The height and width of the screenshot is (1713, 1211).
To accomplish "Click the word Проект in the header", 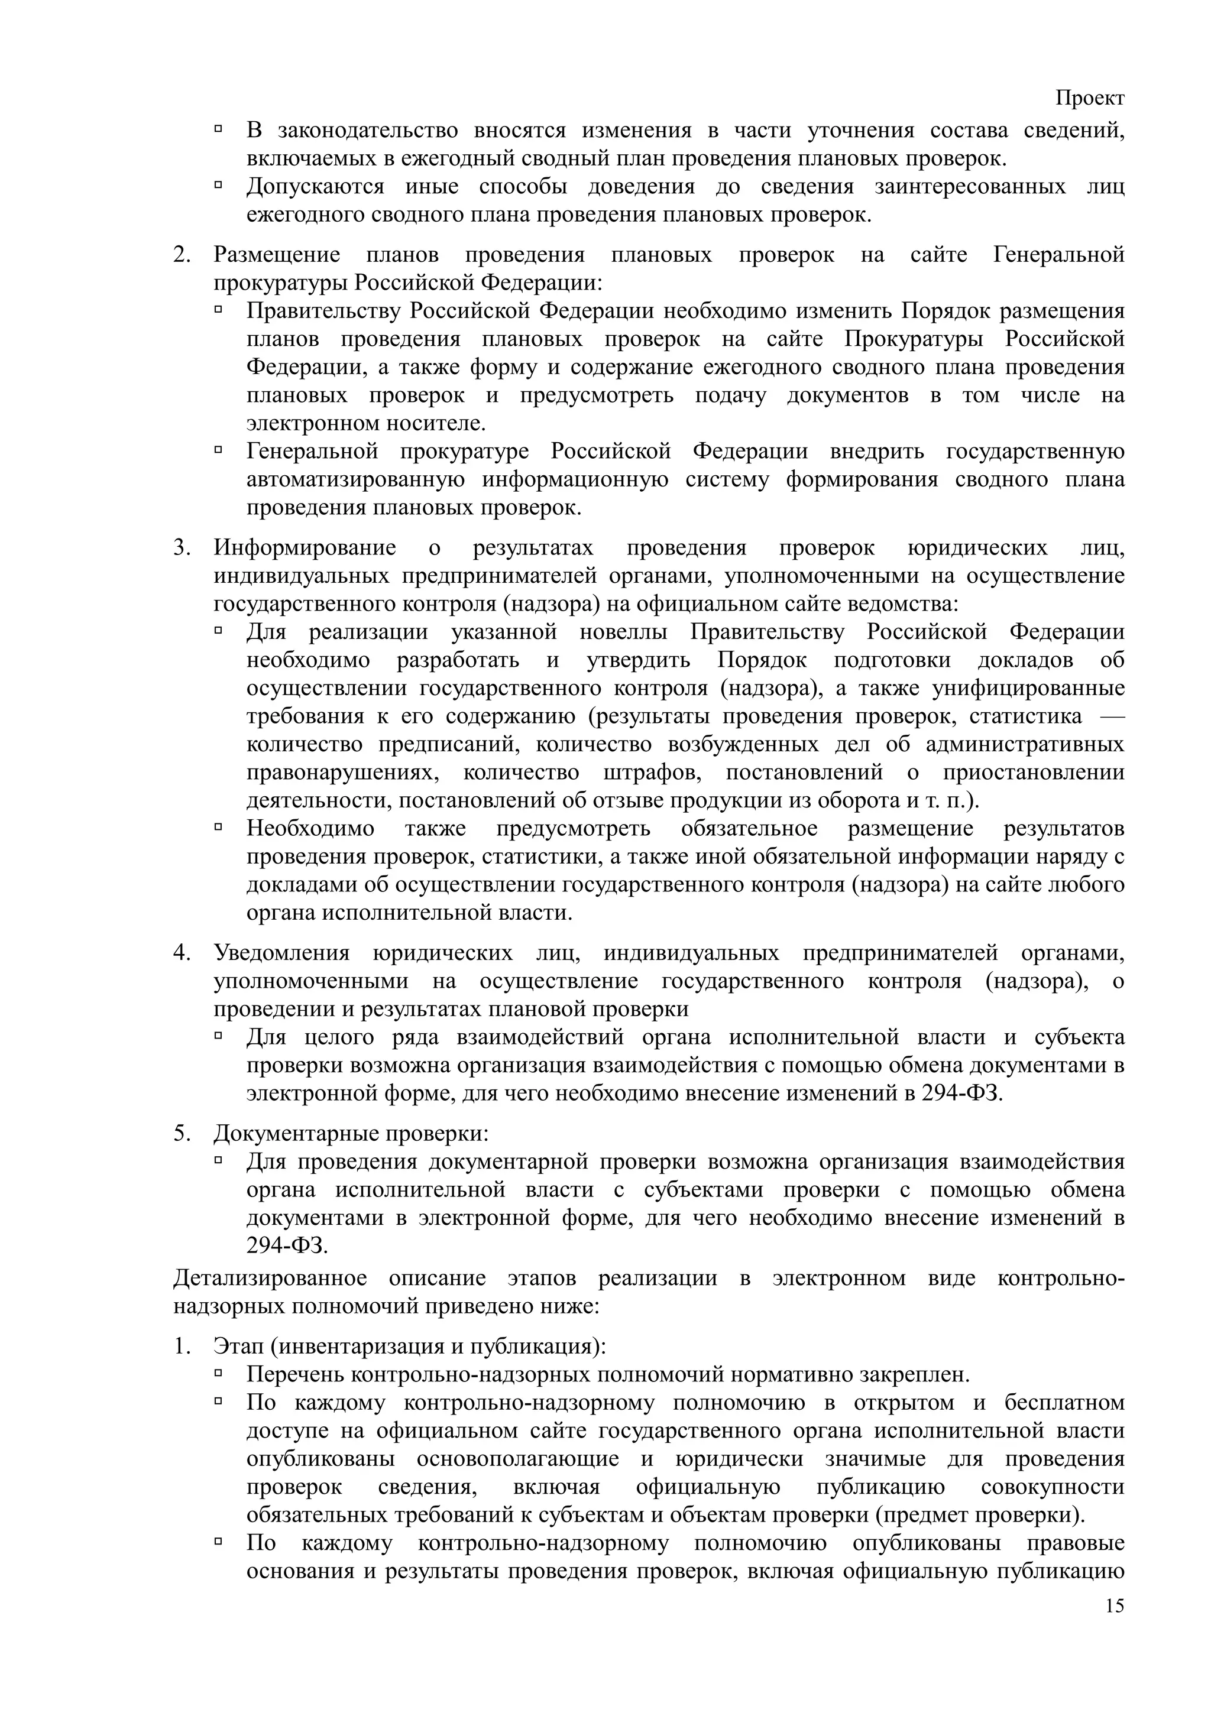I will tap(1089, 99).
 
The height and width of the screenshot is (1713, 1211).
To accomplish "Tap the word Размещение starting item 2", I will tap(277, 255).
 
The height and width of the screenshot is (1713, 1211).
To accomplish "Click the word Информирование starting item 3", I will tap(305, 549).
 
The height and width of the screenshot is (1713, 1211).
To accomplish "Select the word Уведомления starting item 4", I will tap(281, 953).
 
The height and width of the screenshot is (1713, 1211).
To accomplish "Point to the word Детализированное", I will tap(270, 1278).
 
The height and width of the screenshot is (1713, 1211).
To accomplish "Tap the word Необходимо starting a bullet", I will tap(310, 829).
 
